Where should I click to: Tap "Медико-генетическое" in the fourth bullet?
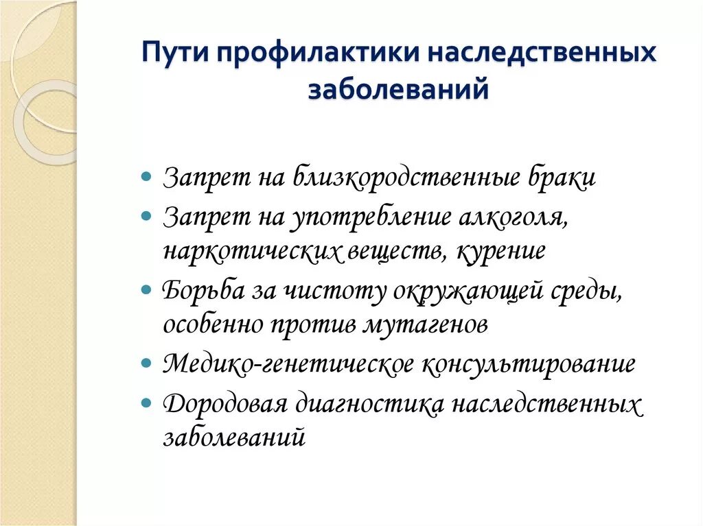tap(288, 363)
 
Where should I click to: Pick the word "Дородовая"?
tap(224, 403)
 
